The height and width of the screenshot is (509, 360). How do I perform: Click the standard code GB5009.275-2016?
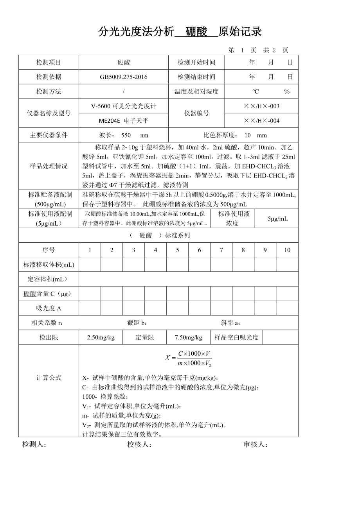pyautogui.click(x=123, y=77)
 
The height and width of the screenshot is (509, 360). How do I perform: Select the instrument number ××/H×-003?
pyautogui.click(x=261, y=106)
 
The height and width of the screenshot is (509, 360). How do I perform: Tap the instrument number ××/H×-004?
pyautogui.click(x=261, y=121)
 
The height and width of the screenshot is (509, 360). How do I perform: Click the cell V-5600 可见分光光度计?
pyautogui.click(x=123, y=106)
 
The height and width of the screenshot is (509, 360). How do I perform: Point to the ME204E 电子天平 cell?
pyautogui.click(x=123, y=121)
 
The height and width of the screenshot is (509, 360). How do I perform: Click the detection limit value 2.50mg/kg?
pyautogui.click(x=101, y=337)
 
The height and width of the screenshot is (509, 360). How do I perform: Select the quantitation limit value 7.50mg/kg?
pyautogui.click(x=188, y=337)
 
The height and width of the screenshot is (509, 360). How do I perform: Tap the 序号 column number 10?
pyautogui.click(x=287, y=250)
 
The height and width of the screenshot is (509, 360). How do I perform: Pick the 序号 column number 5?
pyautogui.click(x=177, y=250)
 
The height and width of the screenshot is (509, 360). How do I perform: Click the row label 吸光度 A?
pyautogui.click(x=49, y=308)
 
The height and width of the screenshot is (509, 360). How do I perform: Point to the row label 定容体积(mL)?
pyautogui.click(x=49, y=279)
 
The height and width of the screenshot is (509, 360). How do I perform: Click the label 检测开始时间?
pyautogui.click(x=196, y=63)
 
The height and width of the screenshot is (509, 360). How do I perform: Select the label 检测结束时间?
pyautogui.click(x=196, y=77)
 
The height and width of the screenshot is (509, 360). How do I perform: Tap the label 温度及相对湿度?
pyautogui.click(x=196, y=91)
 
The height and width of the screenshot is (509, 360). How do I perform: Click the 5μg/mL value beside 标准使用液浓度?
pyautogui.click(x=278, y=219)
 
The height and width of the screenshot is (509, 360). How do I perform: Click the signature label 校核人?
pyautogui.click(x=139, y=444)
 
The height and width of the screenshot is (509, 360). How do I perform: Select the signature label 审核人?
pyautogui.click(x=256, y=444)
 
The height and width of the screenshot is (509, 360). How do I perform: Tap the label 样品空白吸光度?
pyautogui.click(x=236, y=337)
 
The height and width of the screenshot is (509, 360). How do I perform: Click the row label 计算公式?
pyautogui.click(x=49, y=378)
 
